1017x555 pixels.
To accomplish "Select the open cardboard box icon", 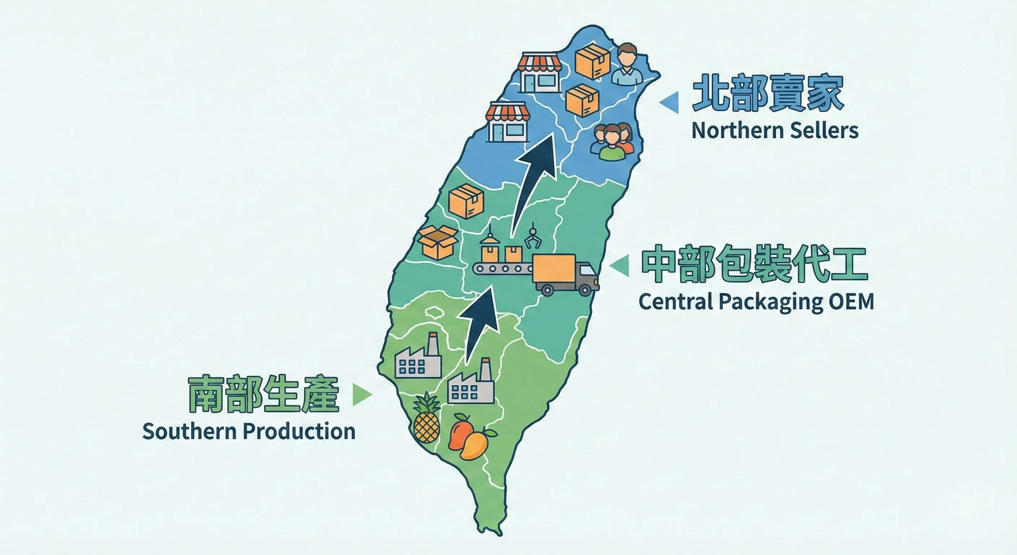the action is pyautogui.click(x=438, y=241).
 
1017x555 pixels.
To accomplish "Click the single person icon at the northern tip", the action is pyautogui.click(x=627, y=65).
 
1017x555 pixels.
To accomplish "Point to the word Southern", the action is pyautogui.click(x=191, y=431).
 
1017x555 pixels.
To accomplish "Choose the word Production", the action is pyautogui.click(x=301, y=431).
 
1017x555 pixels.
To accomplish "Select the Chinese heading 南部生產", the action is pyautogui.click(x=263, y=394).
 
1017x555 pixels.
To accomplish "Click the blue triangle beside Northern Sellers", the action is pyautogui.click(x=670, y=102).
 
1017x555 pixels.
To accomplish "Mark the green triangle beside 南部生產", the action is pyautogui.click(x=361, y=394).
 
